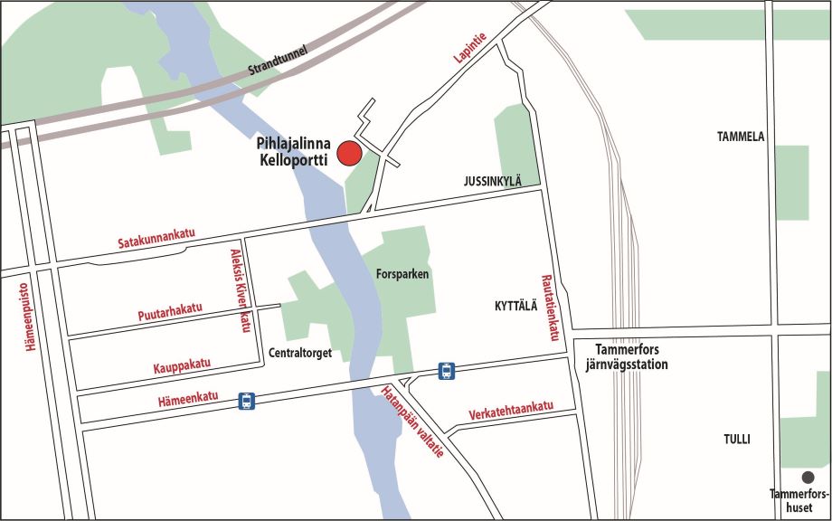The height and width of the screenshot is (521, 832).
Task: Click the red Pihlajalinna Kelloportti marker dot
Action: pos(349,154)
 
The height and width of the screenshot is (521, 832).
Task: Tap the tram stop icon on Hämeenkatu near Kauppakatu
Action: pos(246,401)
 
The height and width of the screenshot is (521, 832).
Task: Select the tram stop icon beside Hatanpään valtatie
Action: pos(446,370)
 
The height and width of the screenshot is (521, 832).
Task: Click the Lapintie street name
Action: pos(470,47)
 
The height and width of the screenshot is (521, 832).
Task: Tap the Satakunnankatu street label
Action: pos(156,237)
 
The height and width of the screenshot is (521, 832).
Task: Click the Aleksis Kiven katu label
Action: pos(240,289)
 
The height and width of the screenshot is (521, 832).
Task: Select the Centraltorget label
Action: pos(301,353)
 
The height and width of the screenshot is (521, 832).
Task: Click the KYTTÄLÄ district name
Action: pos(515,306)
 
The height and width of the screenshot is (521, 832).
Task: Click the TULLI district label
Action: pos(736,440)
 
